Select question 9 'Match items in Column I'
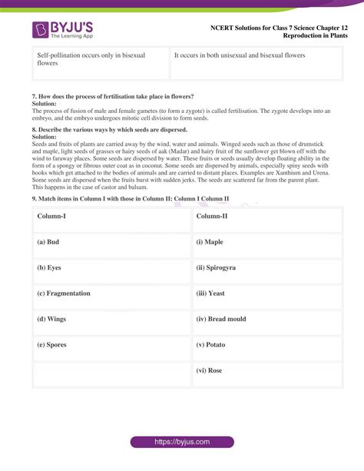131,198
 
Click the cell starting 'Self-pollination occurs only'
101,60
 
